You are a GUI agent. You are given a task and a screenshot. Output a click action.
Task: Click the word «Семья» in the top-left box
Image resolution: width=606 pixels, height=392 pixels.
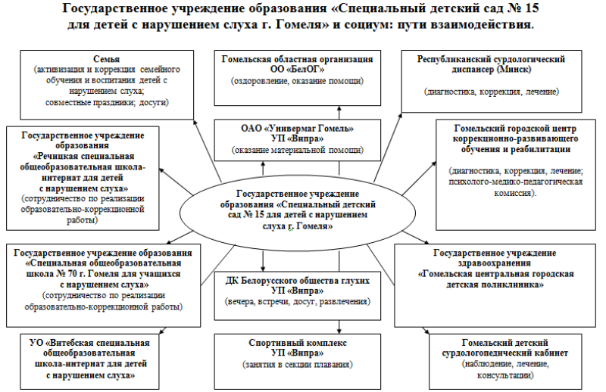tap(106, 59)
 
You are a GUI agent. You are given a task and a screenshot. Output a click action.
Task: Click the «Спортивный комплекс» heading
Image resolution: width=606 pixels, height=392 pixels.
tap(298, 343)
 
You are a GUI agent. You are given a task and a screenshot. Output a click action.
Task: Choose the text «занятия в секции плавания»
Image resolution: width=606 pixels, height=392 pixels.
tap(298, 364)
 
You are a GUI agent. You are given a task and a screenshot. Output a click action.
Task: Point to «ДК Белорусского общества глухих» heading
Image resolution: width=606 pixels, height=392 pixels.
tap(298, 281)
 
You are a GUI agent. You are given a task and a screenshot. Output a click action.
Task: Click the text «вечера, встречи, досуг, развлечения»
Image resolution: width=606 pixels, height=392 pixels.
tap(298, 302)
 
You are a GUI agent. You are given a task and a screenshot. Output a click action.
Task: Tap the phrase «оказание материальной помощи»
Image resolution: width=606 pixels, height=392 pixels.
tap(298, 151)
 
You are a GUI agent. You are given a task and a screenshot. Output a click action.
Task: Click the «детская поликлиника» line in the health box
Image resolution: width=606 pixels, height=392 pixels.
tap(495, 285)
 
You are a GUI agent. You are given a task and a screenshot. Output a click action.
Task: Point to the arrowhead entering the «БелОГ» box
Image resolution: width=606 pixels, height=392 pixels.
tap(339, 109)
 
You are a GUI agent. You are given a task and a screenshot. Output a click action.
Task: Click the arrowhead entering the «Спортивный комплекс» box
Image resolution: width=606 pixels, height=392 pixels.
tap(339, 331)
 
